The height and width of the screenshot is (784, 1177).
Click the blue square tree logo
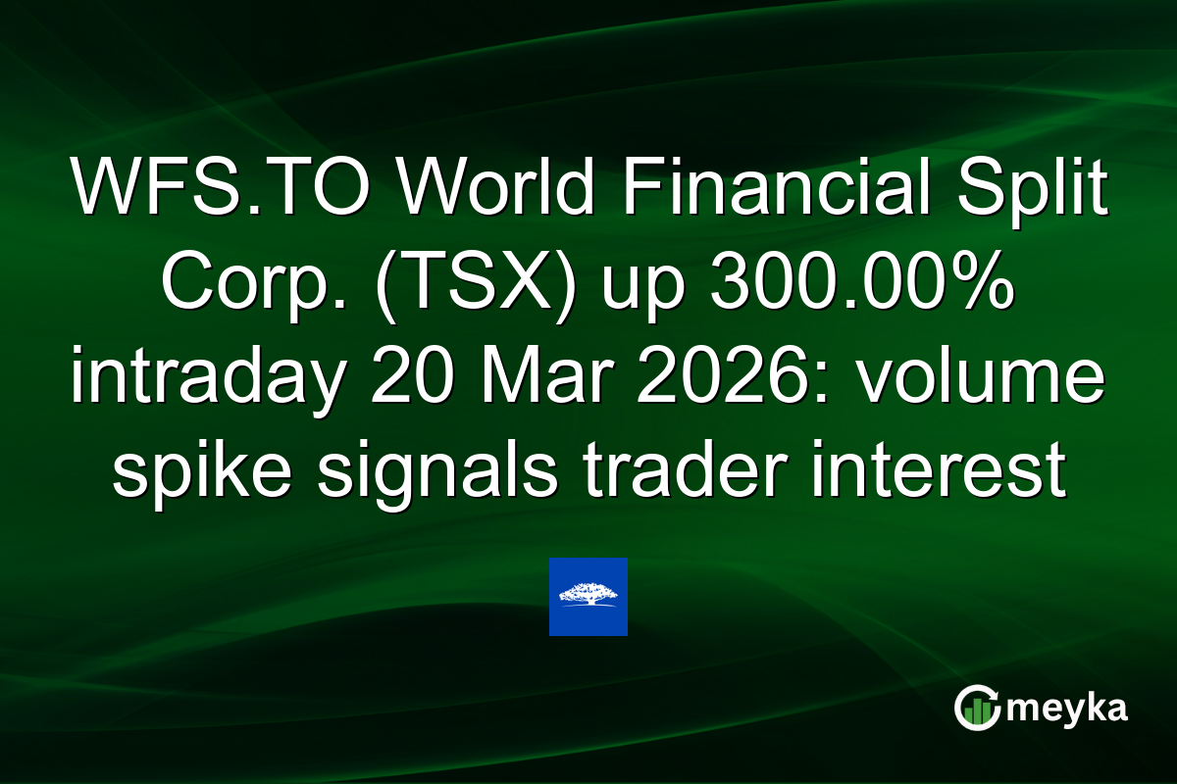(588, 597)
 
